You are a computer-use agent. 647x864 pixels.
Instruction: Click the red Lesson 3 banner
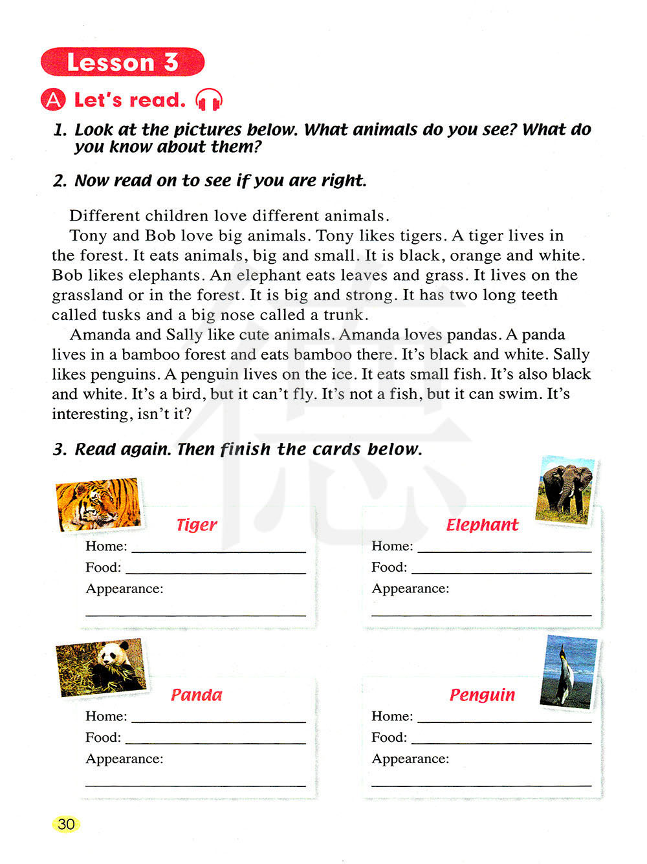122,62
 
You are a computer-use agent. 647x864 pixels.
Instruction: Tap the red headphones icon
209,100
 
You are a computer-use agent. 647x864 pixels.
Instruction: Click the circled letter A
53,100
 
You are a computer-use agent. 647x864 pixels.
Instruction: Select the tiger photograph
98,504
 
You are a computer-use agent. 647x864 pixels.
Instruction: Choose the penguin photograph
569,671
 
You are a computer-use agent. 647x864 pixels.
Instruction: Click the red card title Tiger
197,525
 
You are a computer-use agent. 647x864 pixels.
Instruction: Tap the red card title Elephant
482,525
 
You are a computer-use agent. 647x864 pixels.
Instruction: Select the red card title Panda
196,695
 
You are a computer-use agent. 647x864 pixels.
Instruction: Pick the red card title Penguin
482,695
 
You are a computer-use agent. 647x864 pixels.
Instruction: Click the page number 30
66,824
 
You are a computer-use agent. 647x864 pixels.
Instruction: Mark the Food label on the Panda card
104,737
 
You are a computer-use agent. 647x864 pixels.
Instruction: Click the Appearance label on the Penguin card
410,759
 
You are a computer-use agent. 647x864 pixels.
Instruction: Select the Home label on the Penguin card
392,716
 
